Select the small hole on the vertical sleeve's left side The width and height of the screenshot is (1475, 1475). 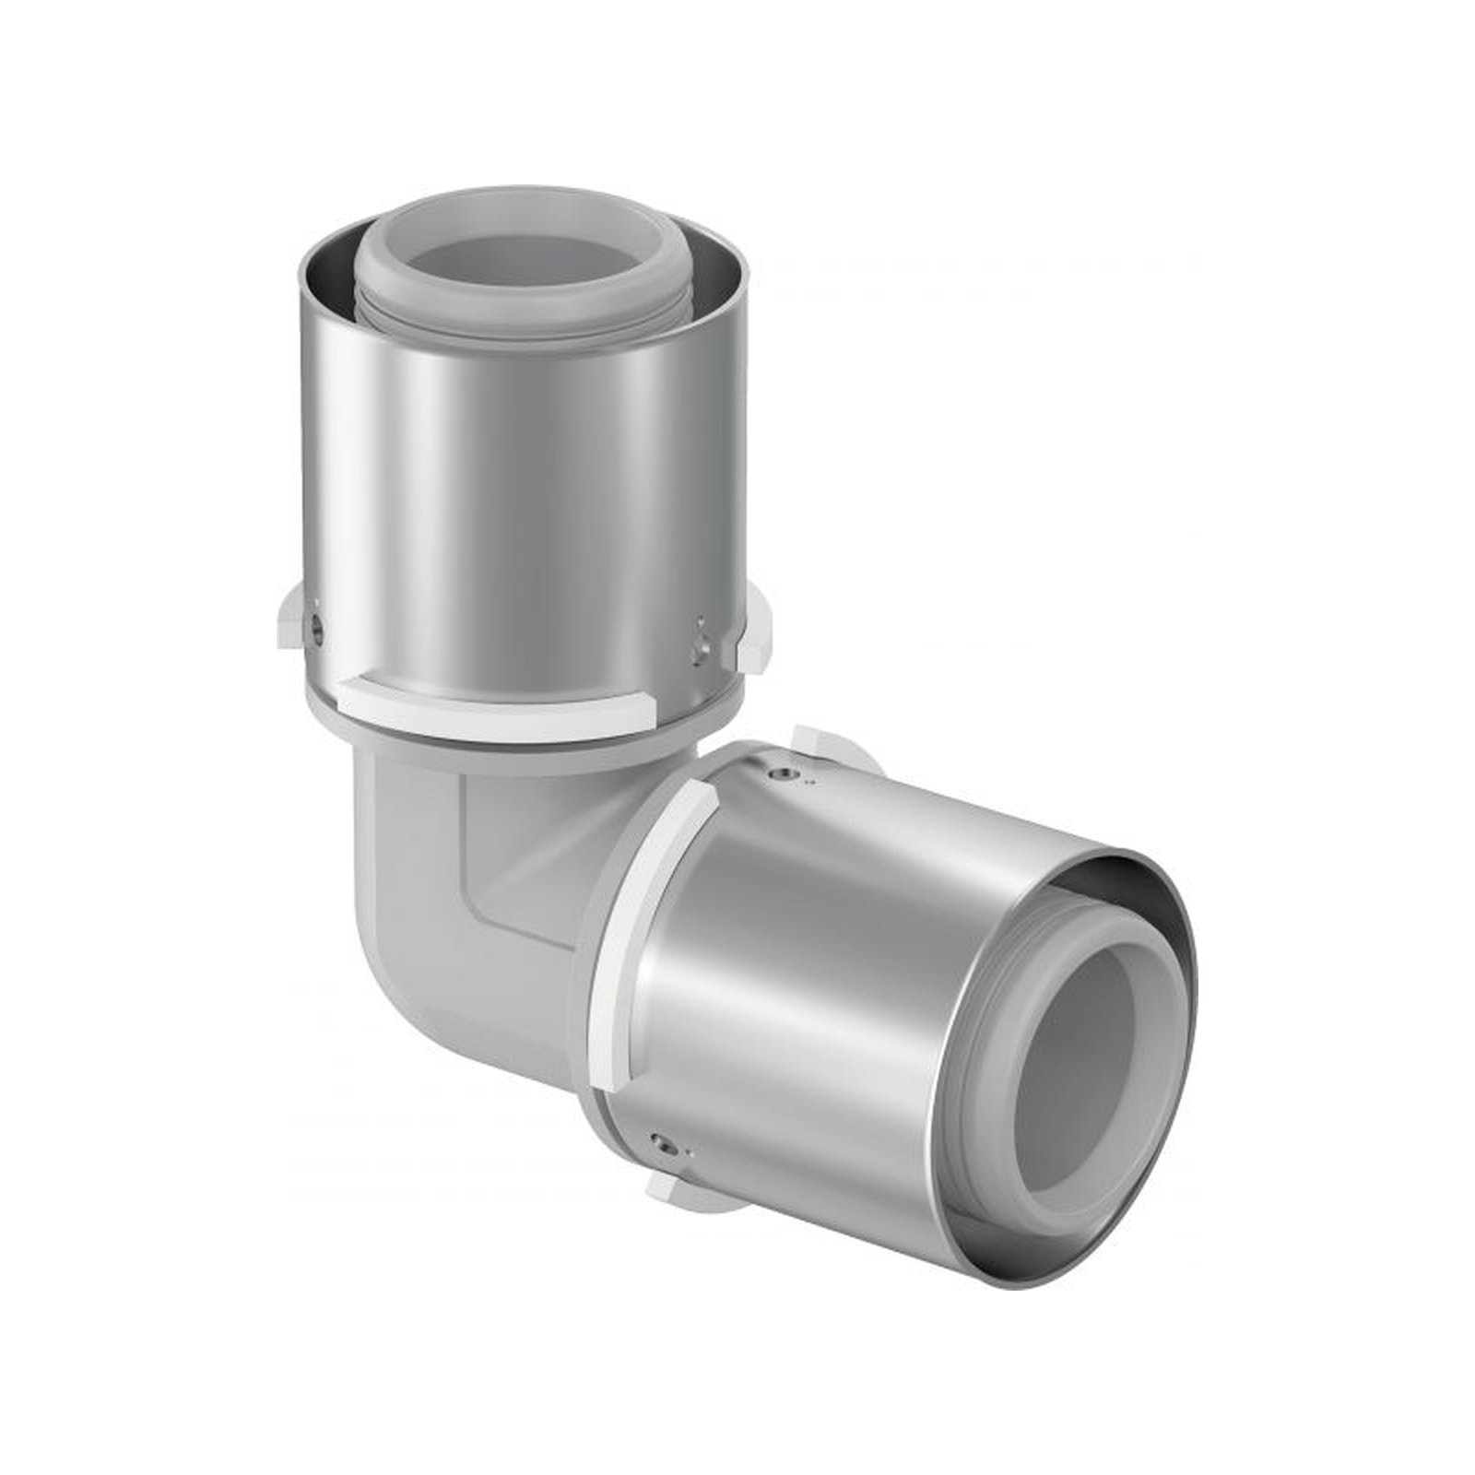click(317, 634)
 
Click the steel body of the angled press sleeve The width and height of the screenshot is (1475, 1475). click(811, 996)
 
